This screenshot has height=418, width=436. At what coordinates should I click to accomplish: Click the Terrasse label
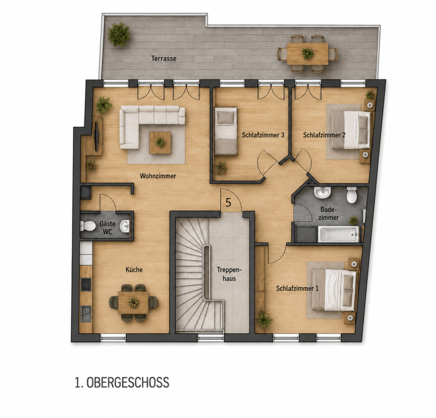[164, 58]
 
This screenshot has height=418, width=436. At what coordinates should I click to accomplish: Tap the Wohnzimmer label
[158, 176]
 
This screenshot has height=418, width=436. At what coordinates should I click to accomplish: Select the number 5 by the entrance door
[228, 202]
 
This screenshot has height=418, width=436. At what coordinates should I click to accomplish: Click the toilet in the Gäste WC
[88, 226]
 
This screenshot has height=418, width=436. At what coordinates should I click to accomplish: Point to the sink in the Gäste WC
[125, 226]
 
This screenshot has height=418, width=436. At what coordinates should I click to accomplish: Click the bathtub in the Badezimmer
[339, 234]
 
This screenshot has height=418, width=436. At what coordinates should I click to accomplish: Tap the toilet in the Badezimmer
[352, 195]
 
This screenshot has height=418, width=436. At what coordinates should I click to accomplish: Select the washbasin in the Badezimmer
[322, 193]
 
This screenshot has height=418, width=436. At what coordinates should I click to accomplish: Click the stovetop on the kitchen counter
[86, 284]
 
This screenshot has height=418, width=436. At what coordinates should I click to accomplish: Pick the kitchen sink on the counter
[86, 313]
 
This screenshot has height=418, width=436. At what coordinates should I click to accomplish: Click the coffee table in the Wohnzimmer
[160, 142]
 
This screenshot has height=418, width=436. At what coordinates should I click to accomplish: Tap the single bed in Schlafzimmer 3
[226, 131]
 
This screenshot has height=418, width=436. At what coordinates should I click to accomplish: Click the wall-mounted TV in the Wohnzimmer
[97, 136]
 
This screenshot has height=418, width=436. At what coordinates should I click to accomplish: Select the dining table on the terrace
[307, 54]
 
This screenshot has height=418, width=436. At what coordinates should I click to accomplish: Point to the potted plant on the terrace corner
[119, 34]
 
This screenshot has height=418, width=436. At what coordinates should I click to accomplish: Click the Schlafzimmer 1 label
[297, 288]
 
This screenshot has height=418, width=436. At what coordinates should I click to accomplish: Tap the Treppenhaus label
[230, 274]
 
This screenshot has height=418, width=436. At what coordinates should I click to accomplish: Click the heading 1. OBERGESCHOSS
[122, 383]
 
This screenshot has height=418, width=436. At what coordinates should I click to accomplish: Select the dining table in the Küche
[133, 302]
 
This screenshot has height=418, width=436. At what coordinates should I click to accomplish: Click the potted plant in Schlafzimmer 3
[221, 168]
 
